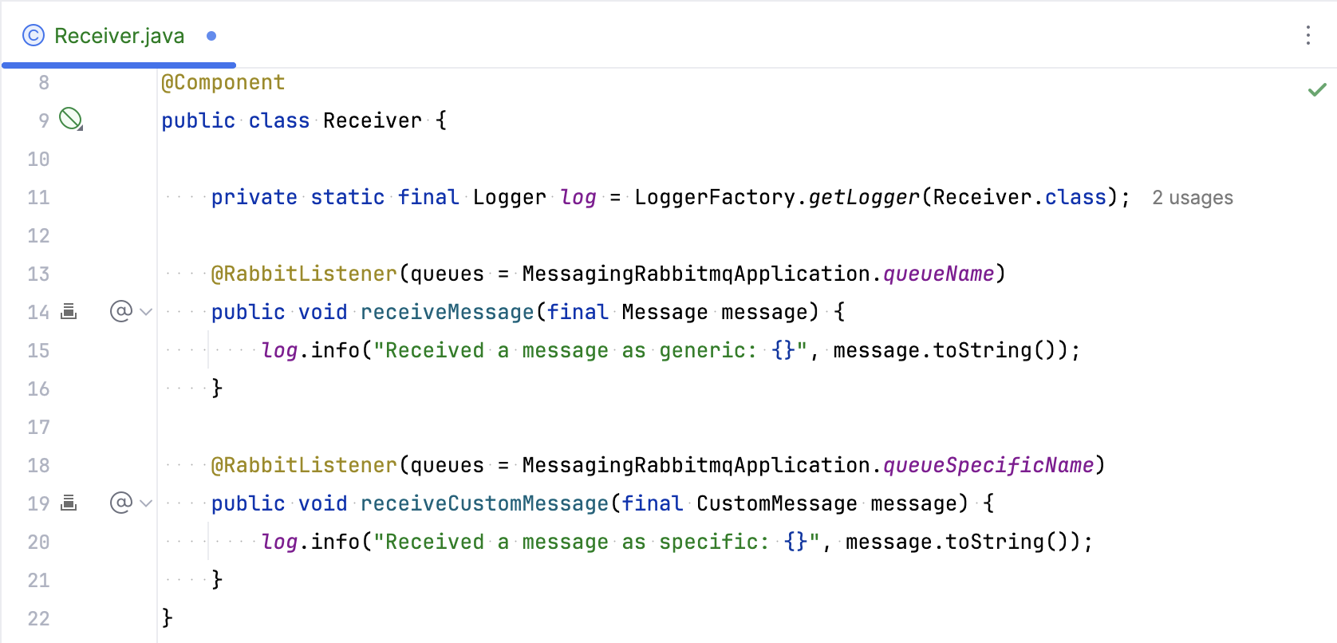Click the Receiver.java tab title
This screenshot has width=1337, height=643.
coord(119,36)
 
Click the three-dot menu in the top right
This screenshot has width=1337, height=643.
coord(1308,35)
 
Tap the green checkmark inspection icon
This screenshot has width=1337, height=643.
coord(1317,89)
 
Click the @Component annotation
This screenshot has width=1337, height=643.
coord(223,82)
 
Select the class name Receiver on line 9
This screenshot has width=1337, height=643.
coord(373,120)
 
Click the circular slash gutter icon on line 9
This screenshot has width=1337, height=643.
coord(71,119)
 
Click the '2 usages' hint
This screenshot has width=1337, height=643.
coord(1193,198)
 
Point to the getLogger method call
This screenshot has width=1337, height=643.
coord(864,197)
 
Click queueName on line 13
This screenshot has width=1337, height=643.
coord(938,274)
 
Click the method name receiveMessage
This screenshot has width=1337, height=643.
coord(447,312)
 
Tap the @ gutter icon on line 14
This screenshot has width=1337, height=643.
coord(120,311)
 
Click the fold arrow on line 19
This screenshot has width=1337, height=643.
coord(146,503)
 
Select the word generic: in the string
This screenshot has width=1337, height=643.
coord(708,350)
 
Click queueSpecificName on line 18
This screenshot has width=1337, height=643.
coord(988,465)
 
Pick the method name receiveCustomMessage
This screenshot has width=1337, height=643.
coord(484,503)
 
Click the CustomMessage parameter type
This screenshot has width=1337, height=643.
coord(776,503)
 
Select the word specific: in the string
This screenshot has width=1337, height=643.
coord(714,542)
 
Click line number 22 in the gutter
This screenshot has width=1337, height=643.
coord(38,618)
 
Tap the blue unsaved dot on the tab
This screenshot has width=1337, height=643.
coord(211,36)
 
